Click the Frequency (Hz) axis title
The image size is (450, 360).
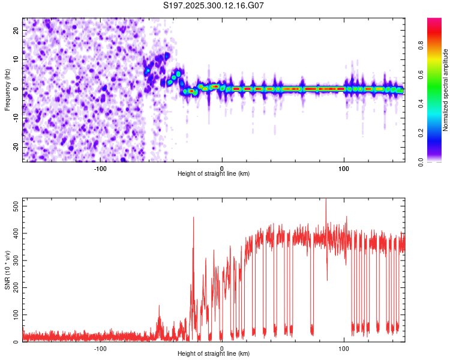tap(7, 90)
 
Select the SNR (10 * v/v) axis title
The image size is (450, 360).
tap(7, 270)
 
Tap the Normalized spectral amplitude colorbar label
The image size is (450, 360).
tap(446, 90)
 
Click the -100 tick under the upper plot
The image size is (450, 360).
tap(100, 169)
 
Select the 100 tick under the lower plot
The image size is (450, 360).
tap(344, 349)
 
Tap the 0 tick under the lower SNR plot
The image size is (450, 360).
tap(222, 349)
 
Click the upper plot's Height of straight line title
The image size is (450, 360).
tap(214, 174)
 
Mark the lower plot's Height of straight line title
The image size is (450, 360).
tap(214, 354)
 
